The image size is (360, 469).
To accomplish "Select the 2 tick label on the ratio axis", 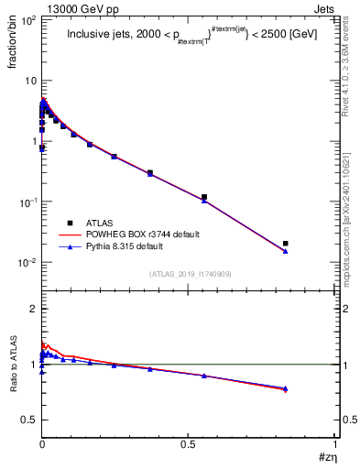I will (x=31, y=309).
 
